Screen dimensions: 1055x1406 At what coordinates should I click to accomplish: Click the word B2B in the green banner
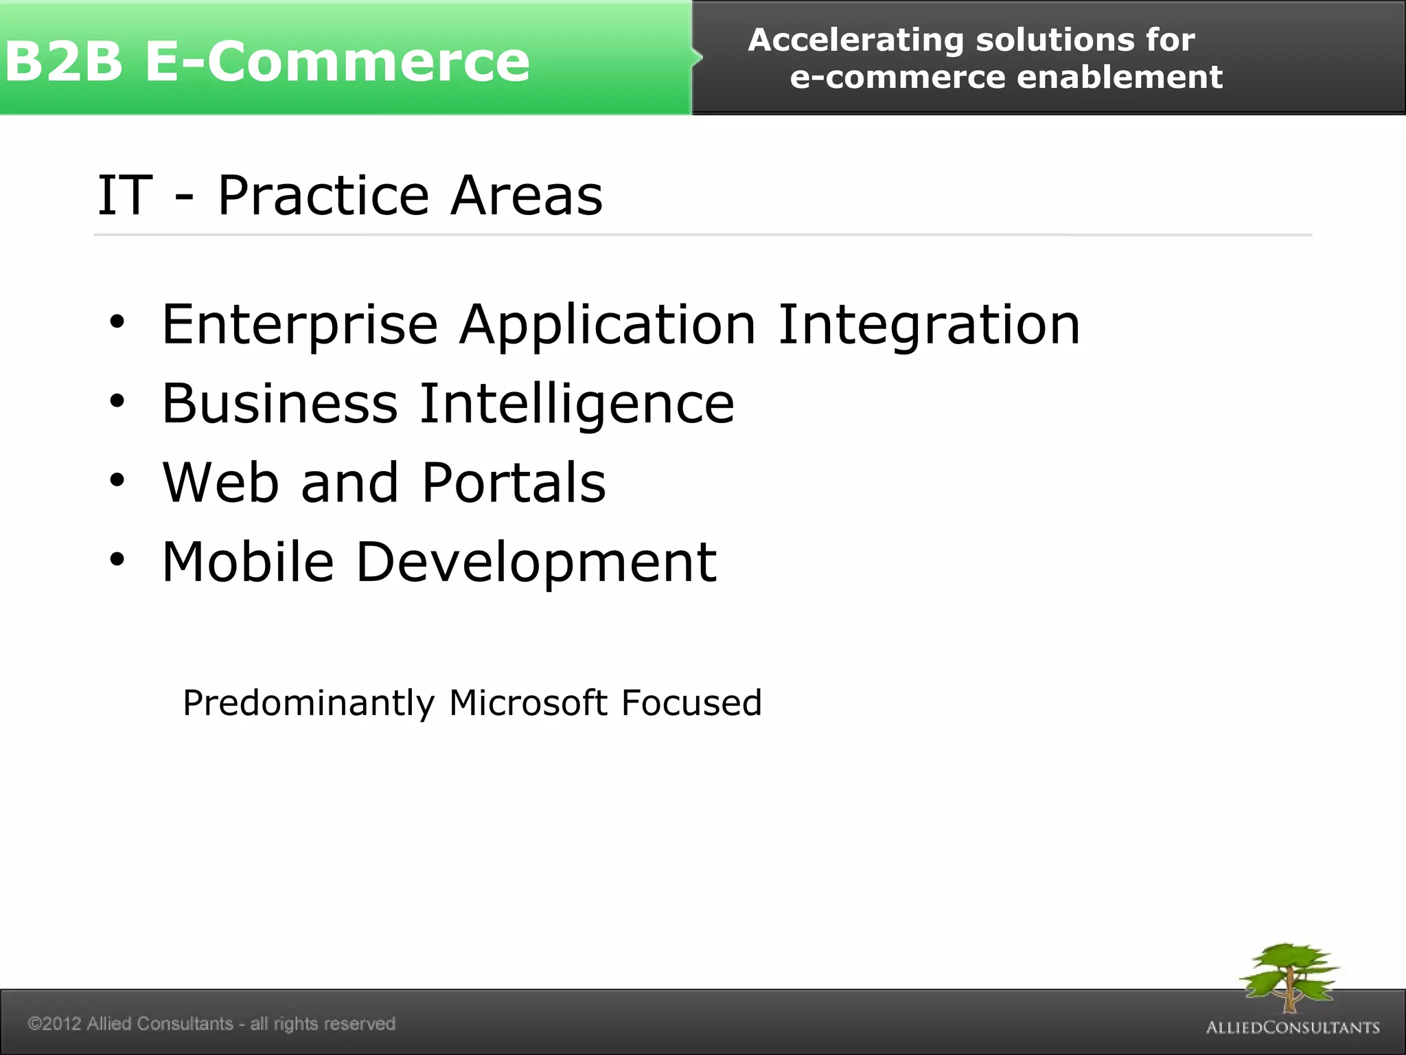(63, 62)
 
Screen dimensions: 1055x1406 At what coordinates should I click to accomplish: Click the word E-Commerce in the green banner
(337, 62)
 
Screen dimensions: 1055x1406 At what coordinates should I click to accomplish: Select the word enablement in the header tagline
(1119, 78)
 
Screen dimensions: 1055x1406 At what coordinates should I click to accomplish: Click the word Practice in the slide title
(323, 196)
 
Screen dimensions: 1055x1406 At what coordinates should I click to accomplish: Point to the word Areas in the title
(527, 196)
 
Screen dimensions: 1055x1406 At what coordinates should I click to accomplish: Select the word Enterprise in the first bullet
(299, 326)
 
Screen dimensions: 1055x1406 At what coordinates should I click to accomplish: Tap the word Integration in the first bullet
(928, 326)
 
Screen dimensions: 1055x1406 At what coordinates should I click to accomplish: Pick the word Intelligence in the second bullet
(577, 405)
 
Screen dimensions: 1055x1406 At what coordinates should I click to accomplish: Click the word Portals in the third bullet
(514, 483)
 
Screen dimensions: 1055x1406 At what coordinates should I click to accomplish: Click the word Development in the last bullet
(536, 563)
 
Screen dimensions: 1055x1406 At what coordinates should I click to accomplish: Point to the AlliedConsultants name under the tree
(1293, 1028)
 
